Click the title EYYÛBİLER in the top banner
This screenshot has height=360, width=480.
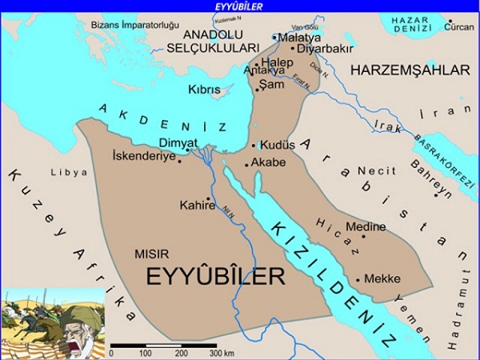pos(240,6)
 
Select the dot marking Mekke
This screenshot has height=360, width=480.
pos(358,279)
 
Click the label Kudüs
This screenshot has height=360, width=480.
pos(278,146)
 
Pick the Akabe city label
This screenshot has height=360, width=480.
pos(268,162)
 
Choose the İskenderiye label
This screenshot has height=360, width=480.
pos(144,153)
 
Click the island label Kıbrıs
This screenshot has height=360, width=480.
pos(204,90)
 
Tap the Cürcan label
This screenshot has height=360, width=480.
pos(459,27)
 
